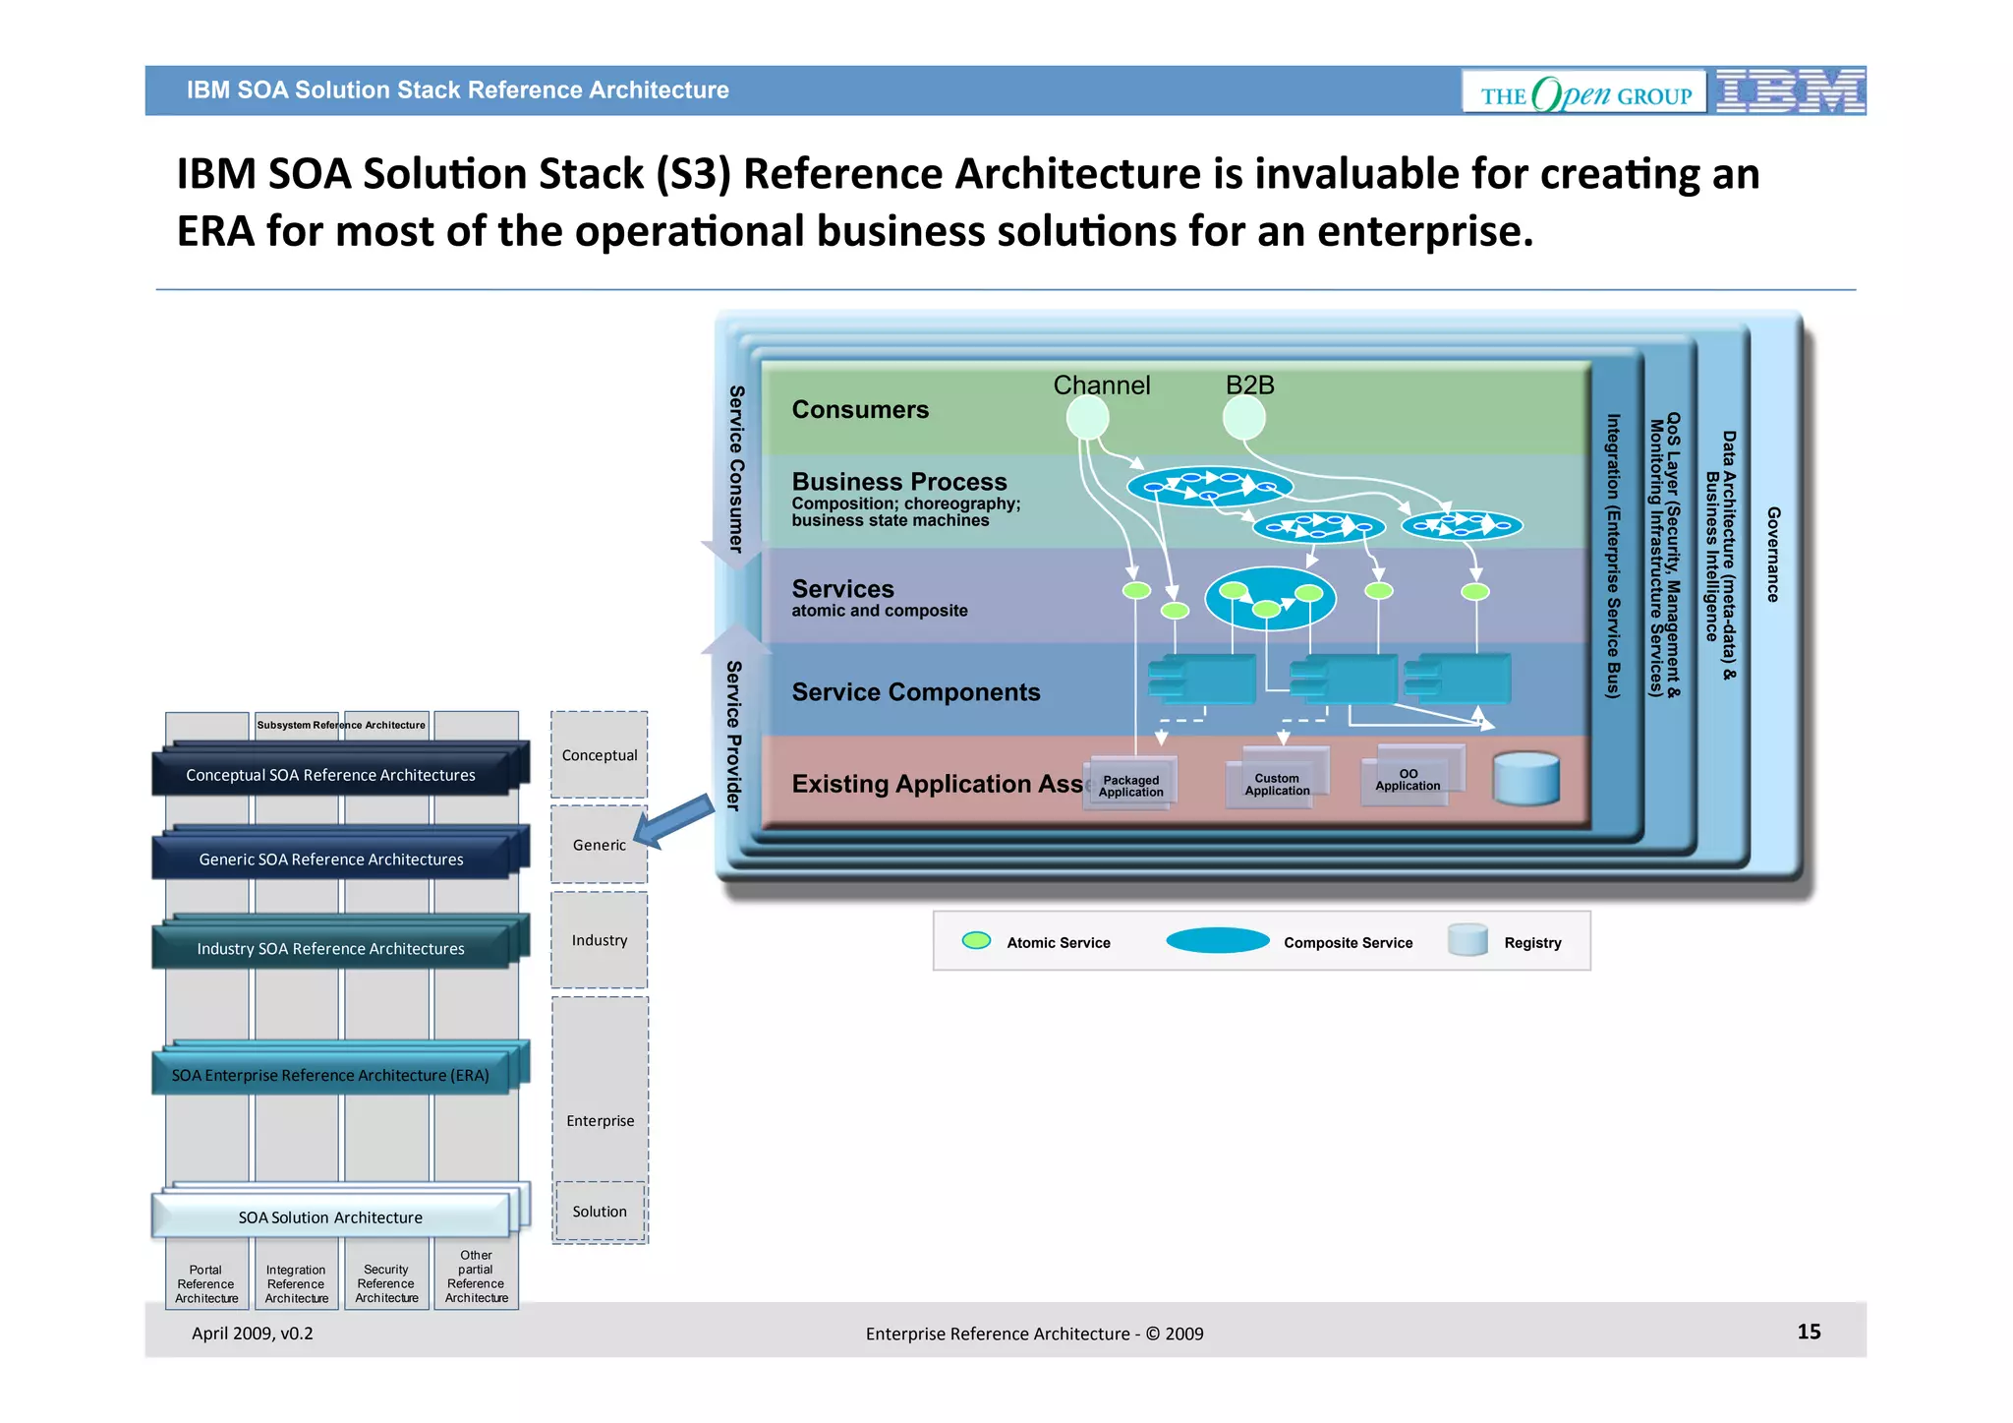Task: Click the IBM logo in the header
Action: tap(1790, 91)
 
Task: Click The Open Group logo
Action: tap(1584, 93)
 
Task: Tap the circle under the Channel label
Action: tap(1087, 419)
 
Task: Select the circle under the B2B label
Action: tap(1243, 419)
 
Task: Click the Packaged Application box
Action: tap(1130, 785)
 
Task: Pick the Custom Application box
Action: tap(1277, 783)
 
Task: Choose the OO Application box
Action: tap(1408, 779)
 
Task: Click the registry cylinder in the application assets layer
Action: tap(1525, 780)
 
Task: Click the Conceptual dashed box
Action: tap(600, 754)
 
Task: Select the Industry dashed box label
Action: tap(600, 940)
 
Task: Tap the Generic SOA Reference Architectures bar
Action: tap(330, 859)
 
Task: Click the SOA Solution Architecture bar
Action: tap(330, 1216)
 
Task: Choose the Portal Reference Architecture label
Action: tap(206, 1283)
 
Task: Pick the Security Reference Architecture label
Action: tap(386, 1283)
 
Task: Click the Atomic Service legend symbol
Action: tap(976, 941)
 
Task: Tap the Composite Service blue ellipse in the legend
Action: tap(1217, 941)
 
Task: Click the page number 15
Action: tap(1809, 1332)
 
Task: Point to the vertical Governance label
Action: tap(1773, 554)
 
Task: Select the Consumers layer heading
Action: tap(860, 409)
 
